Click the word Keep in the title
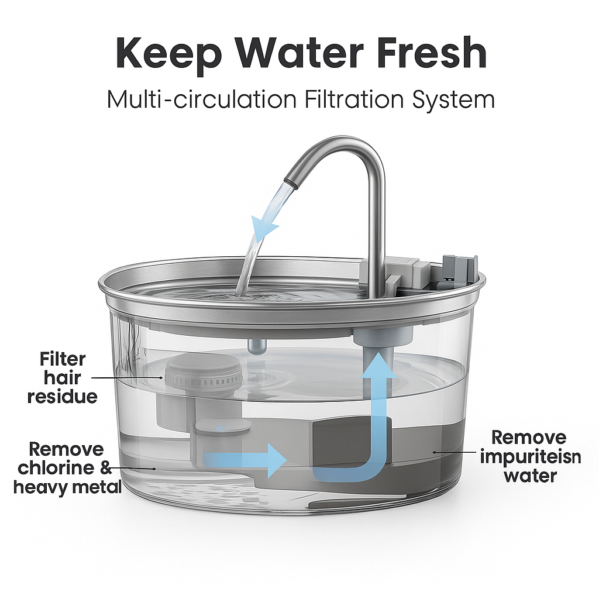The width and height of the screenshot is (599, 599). tap(169, 53)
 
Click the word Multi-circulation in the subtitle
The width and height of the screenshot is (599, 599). tap(202, 99)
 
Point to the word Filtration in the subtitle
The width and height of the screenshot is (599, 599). tap(354, 99)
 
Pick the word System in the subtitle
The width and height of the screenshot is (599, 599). tap(453, 100)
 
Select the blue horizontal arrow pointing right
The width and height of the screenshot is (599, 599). tap(245, 460)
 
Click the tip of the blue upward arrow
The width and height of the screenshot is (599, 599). tap(378, 352)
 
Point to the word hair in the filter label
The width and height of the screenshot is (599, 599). tap(62, 378)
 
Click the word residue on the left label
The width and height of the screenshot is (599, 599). tap(62, 397)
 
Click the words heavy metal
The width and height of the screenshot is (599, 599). tap(68, 487)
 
